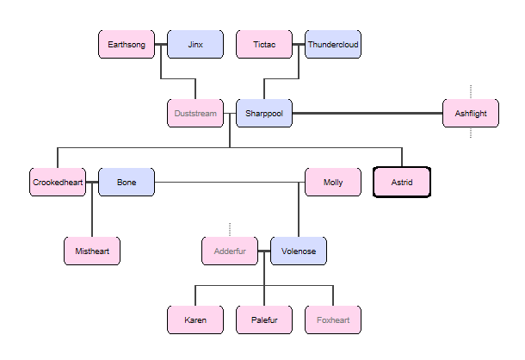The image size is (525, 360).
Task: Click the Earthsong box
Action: click(x=127, y=45)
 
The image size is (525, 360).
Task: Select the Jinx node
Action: click(x=195, y=45)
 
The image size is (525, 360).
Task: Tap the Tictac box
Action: click(x=264, y=45)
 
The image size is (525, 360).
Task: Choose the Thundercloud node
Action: click(x=333, y=45)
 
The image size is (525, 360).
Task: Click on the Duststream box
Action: click(x=195, y=114)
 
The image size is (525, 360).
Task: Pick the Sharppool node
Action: click(x=264, y=114)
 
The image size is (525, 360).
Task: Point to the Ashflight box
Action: click(x=471, y=114)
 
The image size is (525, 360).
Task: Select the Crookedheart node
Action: click(x=58, y=183)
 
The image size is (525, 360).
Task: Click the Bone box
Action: click(x=127, y=183)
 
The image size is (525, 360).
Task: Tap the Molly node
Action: click(x=333, y=183)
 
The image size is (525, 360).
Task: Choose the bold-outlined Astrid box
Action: click(x=402, y=183)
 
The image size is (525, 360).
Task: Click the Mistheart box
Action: click(x=92, y=251)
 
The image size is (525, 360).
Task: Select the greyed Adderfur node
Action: click(x=230, y=251)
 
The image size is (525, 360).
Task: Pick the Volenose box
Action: click(x=299, y=251)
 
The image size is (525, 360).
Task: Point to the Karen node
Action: click(x=195, y=320)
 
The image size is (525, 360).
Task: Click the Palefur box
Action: click(x=264, y=320)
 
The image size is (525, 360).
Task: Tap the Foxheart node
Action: click(x=333, y=320)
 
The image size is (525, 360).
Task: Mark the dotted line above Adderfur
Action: click(x=230, y=229)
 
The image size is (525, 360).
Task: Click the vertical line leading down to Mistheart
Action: click(x=92, y=215)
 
